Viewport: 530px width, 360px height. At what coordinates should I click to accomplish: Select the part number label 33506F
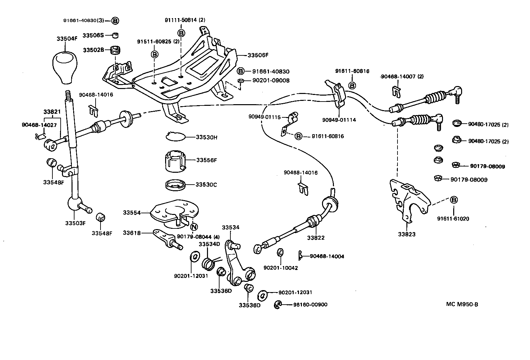(x=258, y=55)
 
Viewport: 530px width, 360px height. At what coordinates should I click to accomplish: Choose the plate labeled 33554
(x=175, y=213)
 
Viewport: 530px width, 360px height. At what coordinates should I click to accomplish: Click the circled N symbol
(x=194, y=227)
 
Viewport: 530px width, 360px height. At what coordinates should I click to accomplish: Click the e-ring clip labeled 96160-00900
(x=278, y=305)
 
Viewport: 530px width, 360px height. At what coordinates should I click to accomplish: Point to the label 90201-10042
(x=280, y=268)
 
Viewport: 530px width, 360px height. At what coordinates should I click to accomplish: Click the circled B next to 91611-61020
(x=454, y=200)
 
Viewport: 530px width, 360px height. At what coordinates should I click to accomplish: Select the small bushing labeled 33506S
(x=115, y=35)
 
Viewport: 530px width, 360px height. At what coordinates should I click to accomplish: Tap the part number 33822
(x=316, y=237)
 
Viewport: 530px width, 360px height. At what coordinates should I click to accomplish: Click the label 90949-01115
(x=264, y=117)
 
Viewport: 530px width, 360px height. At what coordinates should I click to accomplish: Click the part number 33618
(x=132, y=233)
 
